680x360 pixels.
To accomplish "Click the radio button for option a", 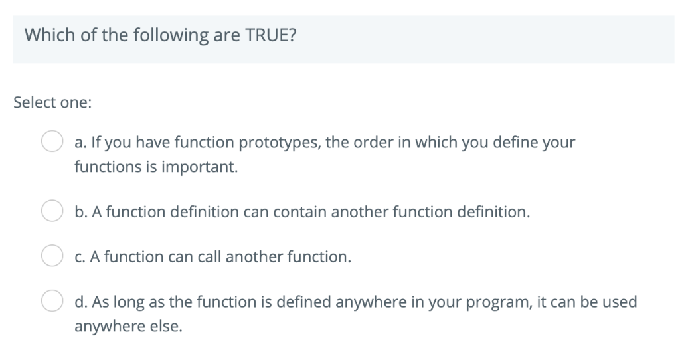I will [x=52, y=142].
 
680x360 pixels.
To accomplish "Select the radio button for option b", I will [x=52, y=212].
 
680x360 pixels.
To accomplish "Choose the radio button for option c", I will [x=52, y=256].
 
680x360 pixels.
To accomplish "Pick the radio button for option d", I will [x=52, y=302].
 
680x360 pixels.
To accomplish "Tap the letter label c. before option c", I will [x=79, y=257].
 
